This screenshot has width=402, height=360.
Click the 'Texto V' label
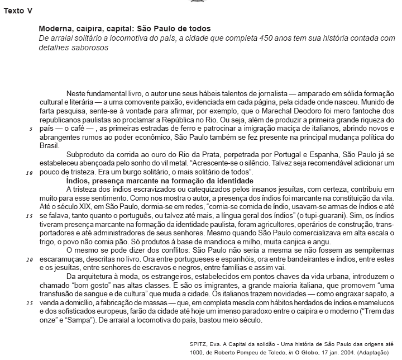coord(18,12)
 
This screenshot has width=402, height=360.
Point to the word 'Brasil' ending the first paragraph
coord(49,145)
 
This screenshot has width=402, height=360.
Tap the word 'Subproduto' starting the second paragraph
coord(85,154)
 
